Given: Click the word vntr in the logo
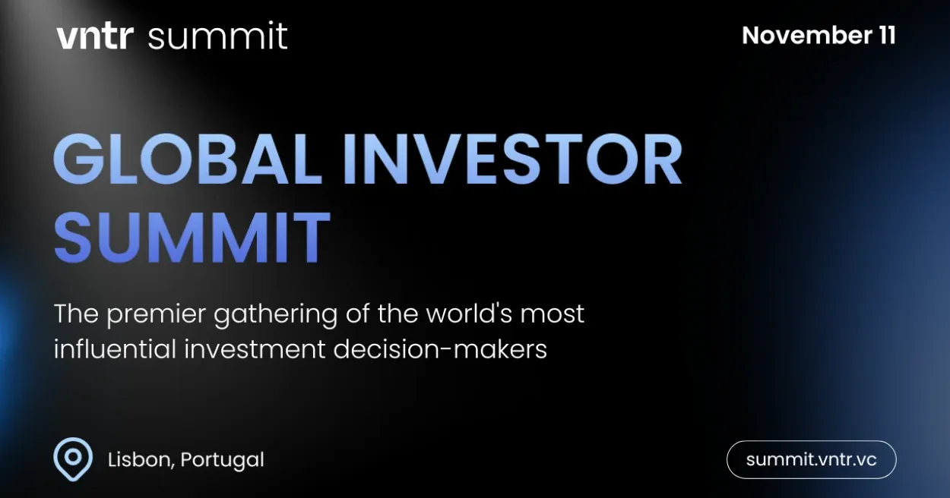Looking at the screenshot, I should pos(94,36).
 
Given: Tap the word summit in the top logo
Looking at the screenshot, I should pos(217,36).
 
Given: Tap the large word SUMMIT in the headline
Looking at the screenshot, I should pos(192,236).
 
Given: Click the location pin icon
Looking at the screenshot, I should pos(73,459).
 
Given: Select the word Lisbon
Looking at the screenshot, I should pos(137,460).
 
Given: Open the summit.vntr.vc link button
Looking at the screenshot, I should pos(811,459).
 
